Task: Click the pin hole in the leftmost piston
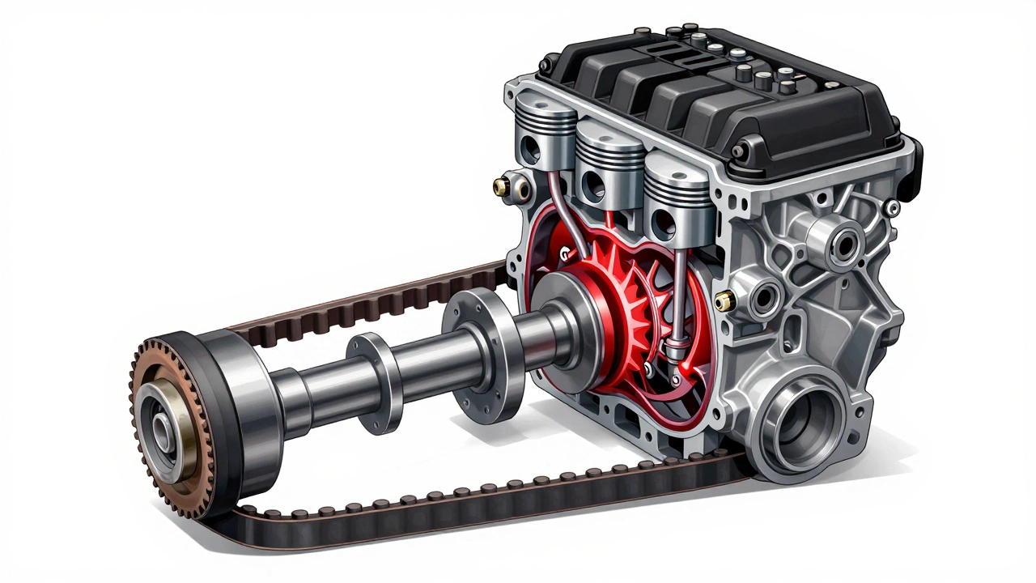532,149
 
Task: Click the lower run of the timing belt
486,502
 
